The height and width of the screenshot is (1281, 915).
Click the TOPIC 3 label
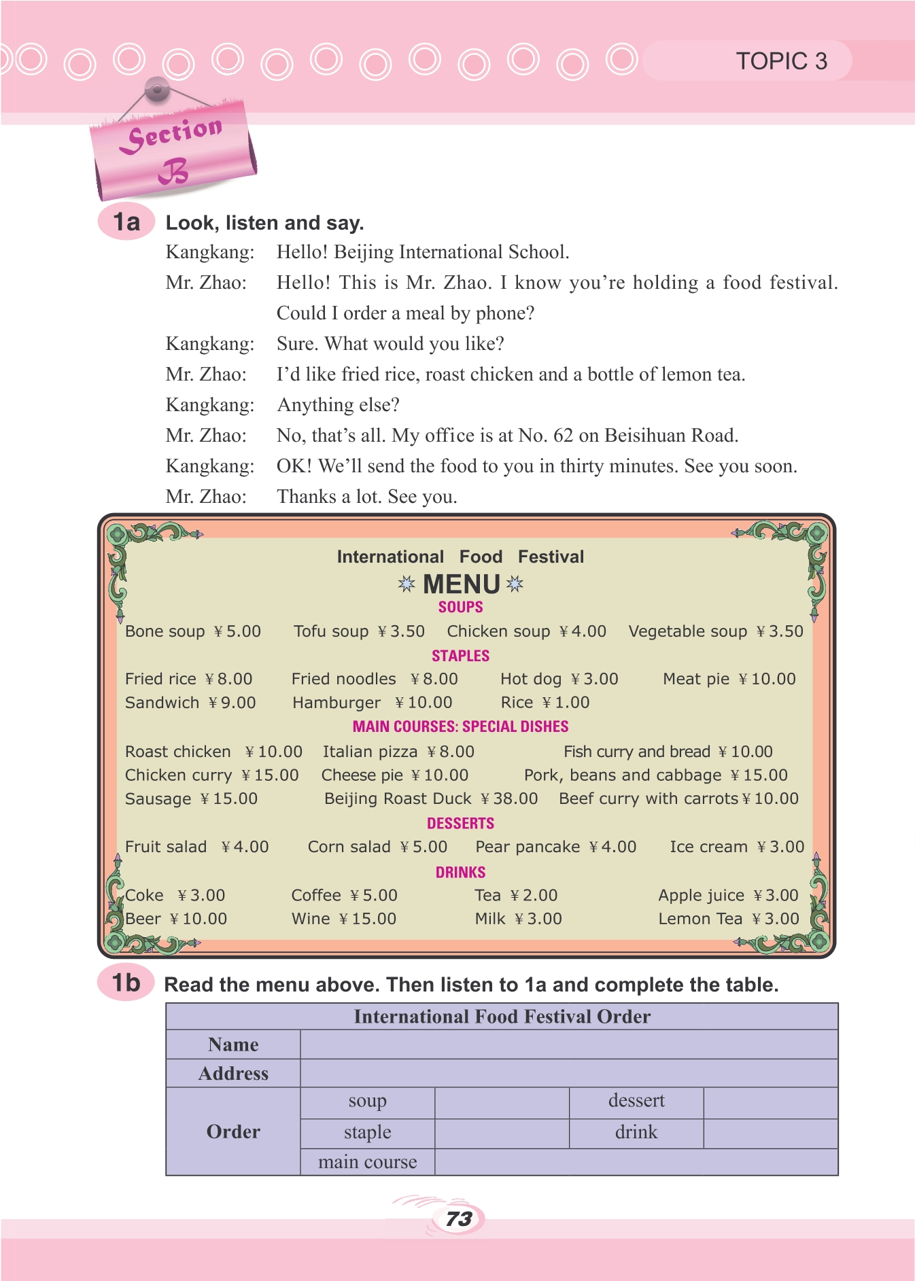pyautogui.click(x=781, y=61)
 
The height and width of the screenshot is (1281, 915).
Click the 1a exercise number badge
pyautogui.click(x=126, y=222)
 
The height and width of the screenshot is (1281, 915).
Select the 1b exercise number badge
pyautogui.click(x=126, y=983)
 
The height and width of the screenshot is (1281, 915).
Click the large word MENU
pyautogui.click(x=462, y=584)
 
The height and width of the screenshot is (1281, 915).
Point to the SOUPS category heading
pyautogui.click(x=460, y=607)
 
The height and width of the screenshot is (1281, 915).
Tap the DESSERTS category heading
pyautogui.click(x=460, y=823)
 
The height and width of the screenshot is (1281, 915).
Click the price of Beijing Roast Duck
pyautogui.click(x=510, y=799)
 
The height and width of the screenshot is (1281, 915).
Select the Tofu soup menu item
pyautogui.click(x=331, y=631)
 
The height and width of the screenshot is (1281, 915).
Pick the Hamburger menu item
pyautogui.click(x=336, y=703)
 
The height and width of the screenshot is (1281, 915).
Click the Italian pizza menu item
pyautogui.click(x=370, y=752)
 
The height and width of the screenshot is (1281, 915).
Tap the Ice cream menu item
pyautogui.click(x=708, y=847)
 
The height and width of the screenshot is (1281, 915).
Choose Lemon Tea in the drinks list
pyautogui.click(x=700, y=919)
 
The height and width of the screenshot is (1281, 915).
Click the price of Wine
pyautogui.click(x=368, y=919)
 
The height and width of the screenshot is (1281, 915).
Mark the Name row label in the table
pyautogui.click(x=233, y=1045)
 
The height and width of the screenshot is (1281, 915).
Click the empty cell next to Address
pyautogui.click(x=568, y=1074)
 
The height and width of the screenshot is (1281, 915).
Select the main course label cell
pyautogui.click(x=367, y=1162)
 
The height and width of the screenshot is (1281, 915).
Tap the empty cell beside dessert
pyautogui.click(x=770, y=1102)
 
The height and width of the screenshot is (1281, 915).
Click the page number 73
pyautogui.click(x=459, y=1219)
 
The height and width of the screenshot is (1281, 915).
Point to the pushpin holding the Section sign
pyautogui.click(x=157, y=88)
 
